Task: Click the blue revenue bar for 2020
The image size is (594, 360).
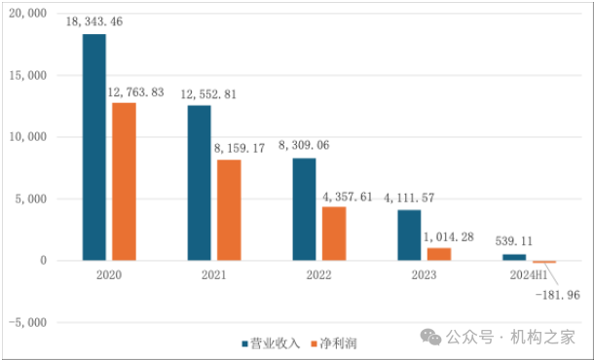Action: coord(94,147)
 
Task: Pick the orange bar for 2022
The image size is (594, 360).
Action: coord(333,234)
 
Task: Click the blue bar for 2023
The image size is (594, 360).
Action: coord(409,235)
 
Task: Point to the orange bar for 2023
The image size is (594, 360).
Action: coord(439,254)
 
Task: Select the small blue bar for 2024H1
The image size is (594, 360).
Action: coord(514,257)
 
